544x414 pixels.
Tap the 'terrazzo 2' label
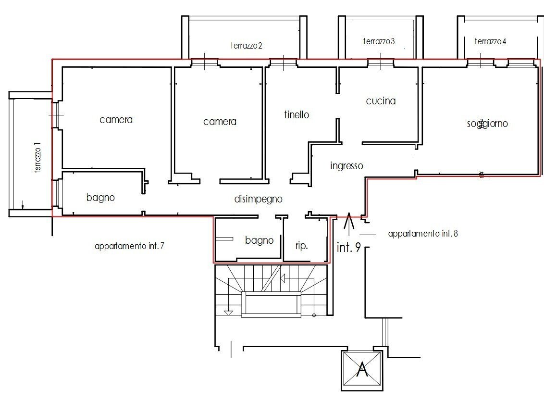(246, 46)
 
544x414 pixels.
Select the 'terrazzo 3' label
(379, 42)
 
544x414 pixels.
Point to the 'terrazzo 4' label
(490, 42)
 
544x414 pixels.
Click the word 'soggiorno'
(487, 124)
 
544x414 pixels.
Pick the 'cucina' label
(381, 101)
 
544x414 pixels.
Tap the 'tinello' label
(297, 115)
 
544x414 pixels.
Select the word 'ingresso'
(346, 166)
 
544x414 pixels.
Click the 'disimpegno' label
(258, 199)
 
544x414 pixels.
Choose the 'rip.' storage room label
(301, 245)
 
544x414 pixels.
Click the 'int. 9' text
(349, 249)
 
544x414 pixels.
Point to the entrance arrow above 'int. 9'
(349, 222)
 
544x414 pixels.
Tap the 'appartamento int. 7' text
(130, 246)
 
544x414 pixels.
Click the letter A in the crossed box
(362, 370)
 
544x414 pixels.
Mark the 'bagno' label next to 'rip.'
(259, 240)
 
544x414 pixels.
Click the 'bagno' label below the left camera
(100, 198)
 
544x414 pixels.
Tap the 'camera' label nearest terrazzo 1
(116, 120)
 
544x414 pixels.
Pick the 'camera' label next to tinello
(220, 122)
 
